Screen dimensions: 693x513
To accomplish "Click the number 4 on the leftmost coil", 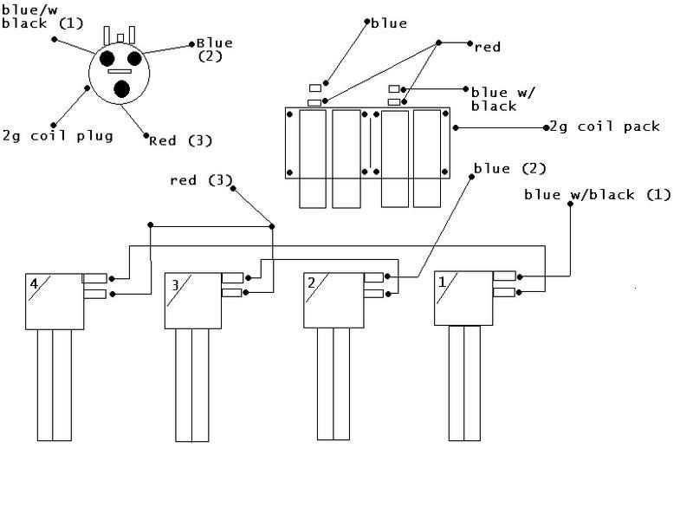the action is [34, 283].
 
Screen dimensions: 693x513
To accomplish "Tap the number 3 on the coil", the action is [176, 285].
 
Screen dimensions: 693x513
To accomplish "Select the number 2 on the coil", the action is [312, 283].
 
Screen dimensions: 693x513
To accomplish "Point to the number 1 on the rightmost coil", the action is [442, 282].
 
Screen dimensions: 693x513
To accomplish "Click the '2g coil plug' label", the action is [58, 136].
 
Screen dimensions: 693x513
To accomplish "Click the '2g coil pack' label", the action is [605, 127].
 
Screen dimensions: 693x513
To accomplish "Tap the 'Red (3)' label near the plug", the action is [181, 141].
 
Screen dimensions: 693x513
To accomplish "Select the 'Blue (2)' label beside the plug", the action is [215, 49].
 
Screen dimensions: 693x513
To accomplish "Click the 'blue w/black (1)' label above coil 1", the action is [598, 195].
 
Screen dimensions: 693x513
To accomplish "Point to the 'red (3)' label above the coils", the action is [201, 180].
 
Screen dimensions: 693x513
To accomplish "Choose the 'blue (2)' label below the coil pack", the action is [510, 168].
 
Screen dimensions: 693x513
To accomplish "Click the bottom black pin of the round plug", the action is [121, 89].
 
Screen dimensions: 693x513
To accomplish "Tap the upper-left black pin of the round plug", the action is [107, 58].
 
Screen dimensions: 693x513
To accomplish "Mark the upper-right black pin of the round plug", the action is [134, 58].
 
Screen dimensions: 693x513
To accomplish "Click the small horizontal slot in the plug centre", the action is [120, 71].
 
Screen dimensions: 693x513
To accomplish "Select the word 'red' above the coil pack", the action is [488, 47].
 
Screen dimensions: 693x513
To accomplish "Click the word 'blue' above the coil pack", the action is [389, 23].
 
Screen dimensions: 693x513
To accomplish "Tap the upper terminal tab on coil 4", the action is [94, 278].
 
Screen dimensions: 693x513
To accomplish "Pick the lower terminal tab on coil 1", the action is [504, 292].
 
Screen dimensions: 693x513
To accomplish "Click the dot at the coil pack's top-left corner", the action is [290, 114].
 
